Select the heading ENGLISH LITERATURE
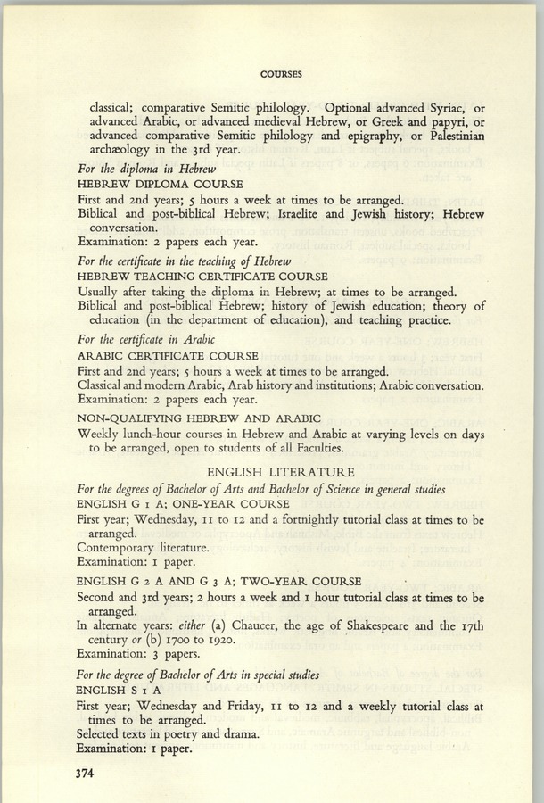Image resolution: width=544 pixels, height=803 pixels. click(x=281, y=471)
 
